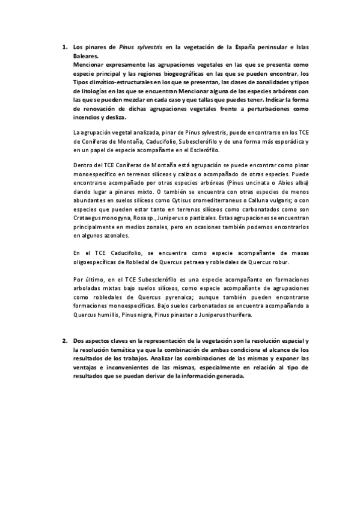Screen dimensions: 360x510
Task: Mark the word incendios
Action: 86,118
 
